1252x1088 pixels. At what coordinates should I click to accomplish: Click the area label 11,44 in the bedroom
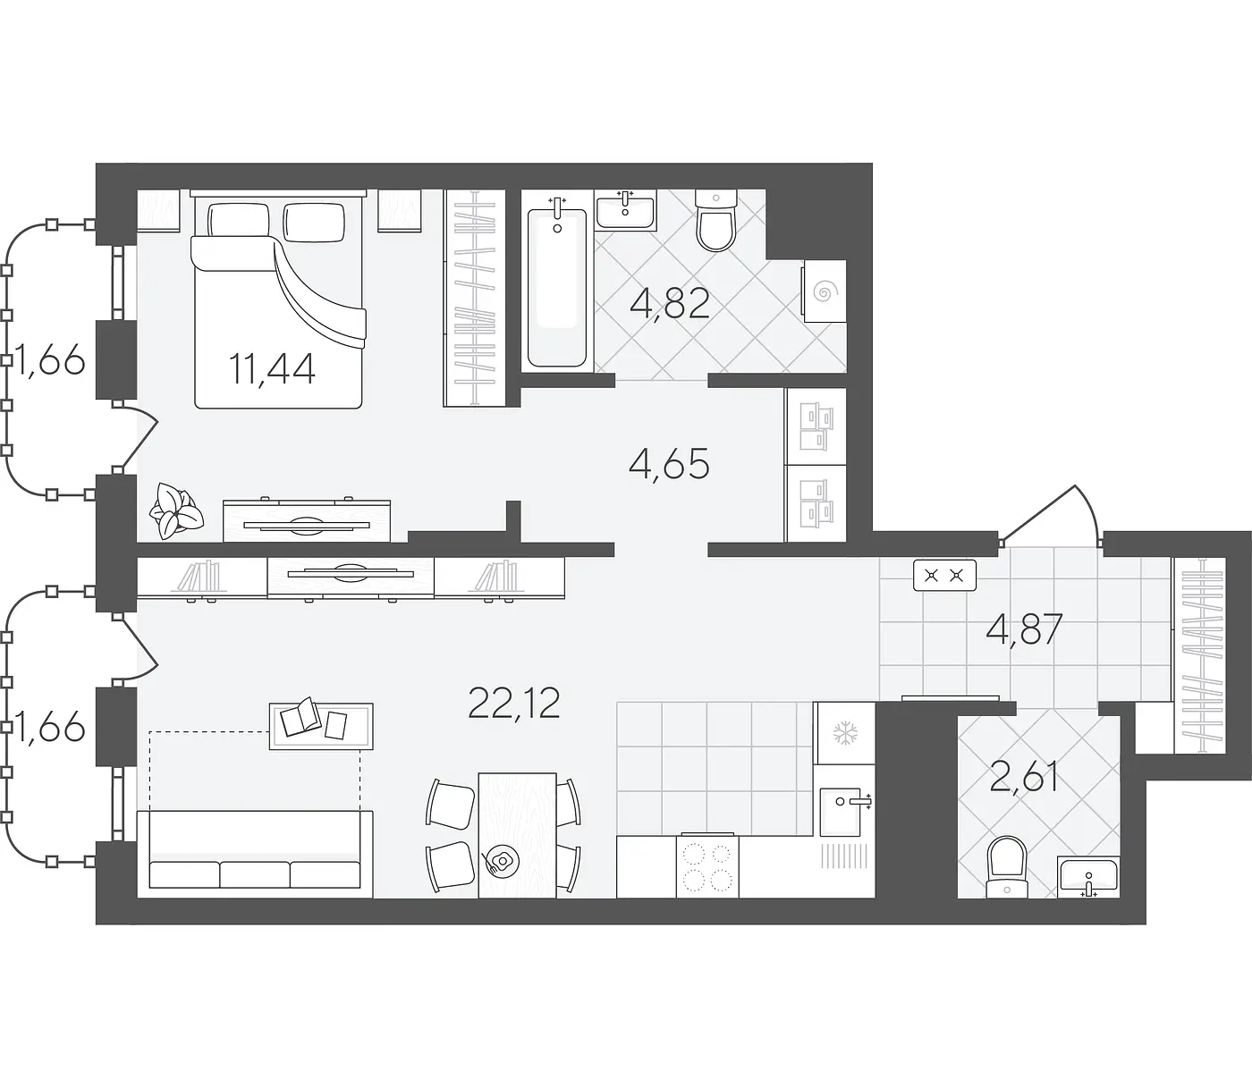point(272,369)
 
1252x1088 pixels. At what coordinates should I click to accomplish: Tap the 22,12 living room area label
point(513,704)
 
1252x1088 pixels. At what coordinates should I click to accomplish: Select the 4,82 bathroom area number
point(670,303)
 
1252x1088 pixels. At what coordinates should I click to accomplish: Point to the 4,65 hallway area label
point(669,464)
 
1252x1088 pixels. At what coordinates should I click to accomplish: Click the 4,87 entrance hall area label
point(1024,629)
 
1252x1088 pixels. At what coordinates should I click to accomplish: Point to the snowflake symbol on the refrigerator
point(845,733)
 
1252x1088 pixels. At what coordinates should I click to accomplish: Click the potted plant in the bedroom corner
point(176,510)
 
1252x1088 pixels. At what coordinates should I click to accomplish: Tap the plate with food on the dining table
point(501,861)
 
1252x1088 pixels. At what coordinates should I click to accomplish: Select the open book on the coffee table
point(300,715)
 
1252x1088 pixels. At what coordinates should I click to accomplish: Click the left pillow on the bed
point(239,220)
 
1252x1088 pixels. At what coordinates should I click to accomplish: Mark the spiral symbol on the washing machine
point(823,292)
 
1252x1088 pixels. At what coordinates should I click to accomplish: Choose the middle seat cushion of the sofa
point(255,874)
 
